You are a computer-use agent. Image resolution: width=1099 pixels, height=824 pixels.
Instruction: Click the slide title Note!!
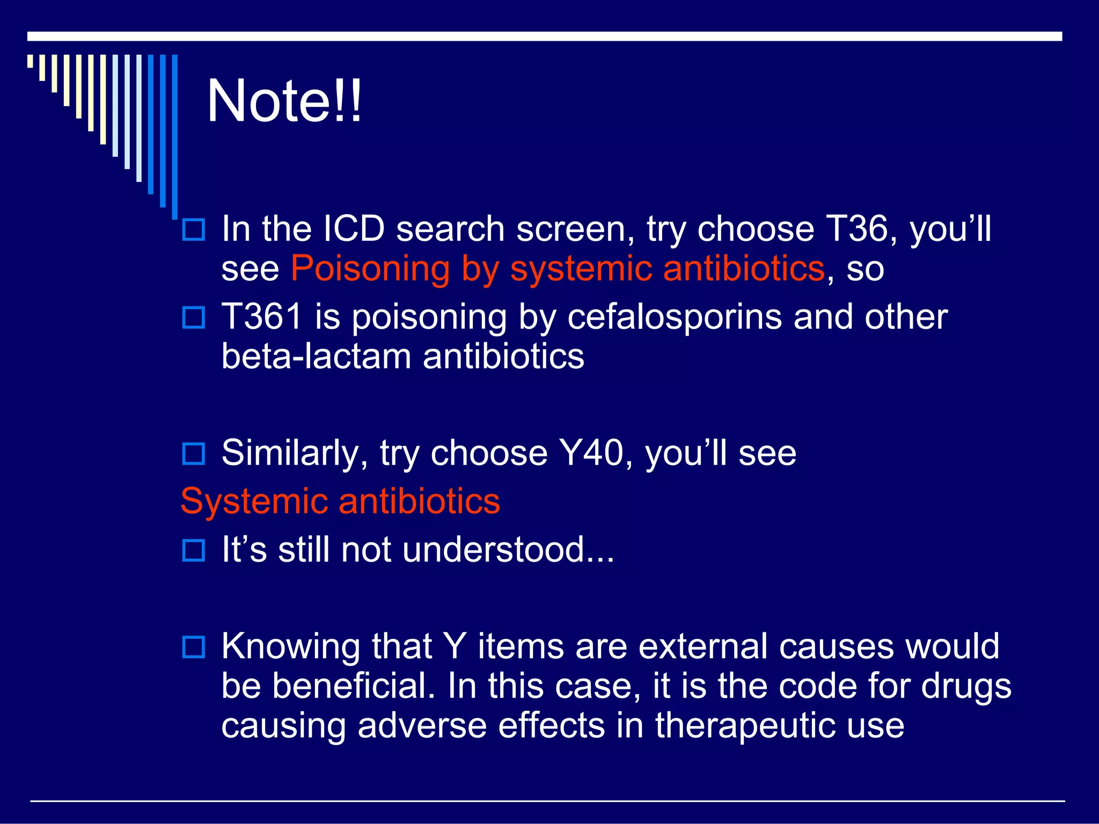(284, 101)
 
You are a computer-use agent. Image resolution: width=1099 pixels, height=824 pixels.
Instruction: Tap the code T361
(262, 317)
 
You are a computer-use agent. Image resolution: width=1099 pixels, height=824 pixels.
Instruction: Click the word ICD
(354, 229)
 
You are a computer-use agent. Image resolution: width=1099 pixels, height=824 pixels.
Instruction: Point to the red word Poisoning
(370, 269)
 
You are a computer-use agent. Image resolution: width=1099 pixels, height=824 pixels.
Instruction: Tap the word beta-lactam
(316, 357)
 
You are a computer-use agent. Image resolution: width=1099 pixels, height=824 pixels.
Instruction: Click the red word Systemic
(253, 502)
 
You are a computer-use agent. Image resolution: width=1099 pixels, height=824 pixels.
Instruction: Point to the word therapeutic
(745, 725)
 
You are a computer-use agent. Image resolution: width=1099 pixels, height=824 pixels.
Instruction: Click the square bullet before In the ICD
(194, 230)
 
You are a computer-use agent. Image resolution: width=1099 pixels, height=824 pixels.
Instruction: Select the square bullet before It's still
(194, 550)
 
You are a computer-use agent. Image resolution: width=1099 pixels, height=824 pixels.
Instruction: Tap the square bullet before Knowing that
(194, 647)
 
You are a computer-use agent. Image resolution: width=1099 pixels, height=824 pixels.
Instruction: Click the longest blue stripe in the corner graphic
(175, 137)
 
